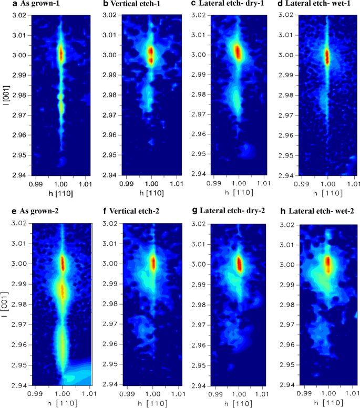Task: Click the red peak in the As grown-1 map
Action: coord(61,54)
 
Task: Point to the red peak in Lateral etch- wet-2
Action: coord(328,262)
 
